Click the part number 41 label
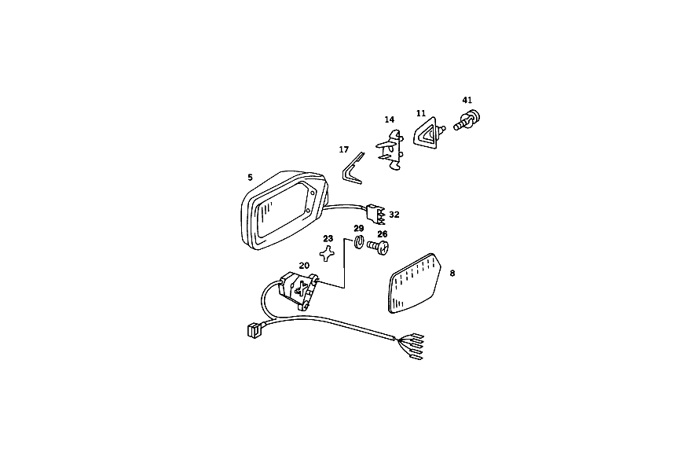point(467,101)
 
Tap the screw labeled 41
point(467,120)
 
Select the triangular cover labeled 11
point(427,132)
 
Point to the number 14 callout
point(390,119)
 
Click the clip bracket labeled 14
point(390,149)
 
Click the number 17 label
point(343,149)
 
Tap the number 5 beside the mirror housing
point(250,178)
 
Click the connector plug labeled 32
point(375,214)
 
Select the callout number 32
point(394,215)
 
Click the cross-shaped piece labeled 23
point(327,253)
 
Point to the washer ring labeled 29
point(359,243)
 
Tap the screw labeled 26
point(378,247)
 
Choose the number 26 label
point(383,234)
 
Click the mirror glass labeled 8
point(415,283)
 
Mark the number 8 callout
point(452,274)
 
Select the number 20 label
point(304,266)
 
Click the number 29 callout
point(359,229)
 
